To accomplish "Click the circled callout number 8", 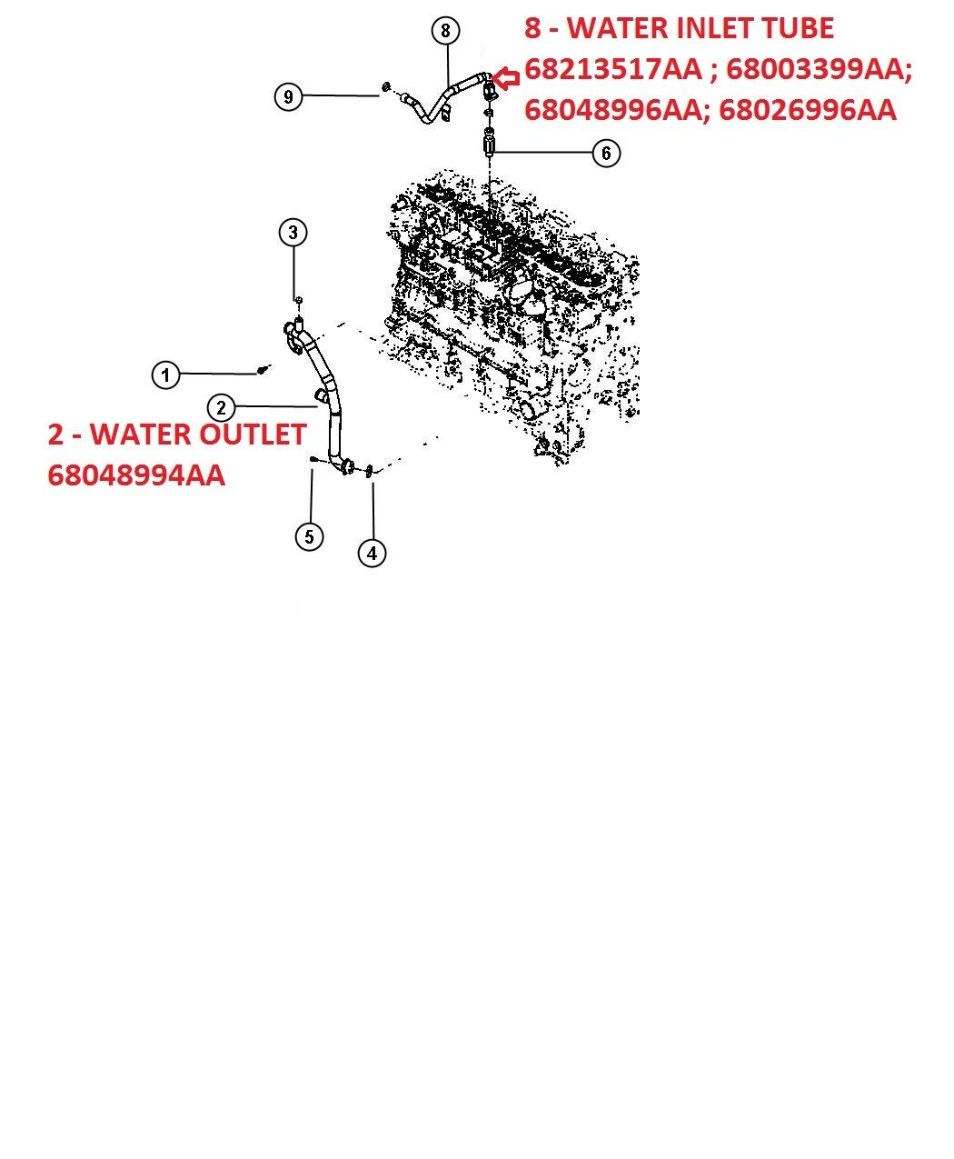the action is tap(445, 31).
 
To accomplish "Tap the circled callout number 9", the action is tap(289, 96).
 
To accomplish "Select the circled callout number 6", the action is tap(606, 153).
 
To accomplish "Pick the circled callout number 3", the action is tap(293, 232).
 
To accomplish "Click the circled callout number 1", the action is tap(165, 375).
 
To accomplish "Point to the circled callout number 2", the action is tap(222, 408).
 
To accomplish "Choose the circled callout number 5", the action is tap(309, 536).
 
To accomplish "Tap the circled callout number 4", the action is tap(372, 553).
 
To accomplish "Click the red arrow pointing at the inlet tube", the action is tap(506, 78).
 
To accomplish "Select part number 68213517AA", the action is tap(613, 69).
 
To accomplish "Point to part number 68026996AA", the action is tap(808, 110).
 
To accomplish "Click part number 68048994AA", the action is tap(136, 475).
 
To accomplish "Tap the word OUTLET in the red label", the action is tap(253, 435).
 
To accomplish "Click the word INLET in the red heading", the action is tap(701, 28).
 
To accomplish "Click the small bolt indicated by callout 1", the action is tap(264, 369).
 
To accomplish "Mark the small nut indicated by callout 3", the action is tap(298, 300).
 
